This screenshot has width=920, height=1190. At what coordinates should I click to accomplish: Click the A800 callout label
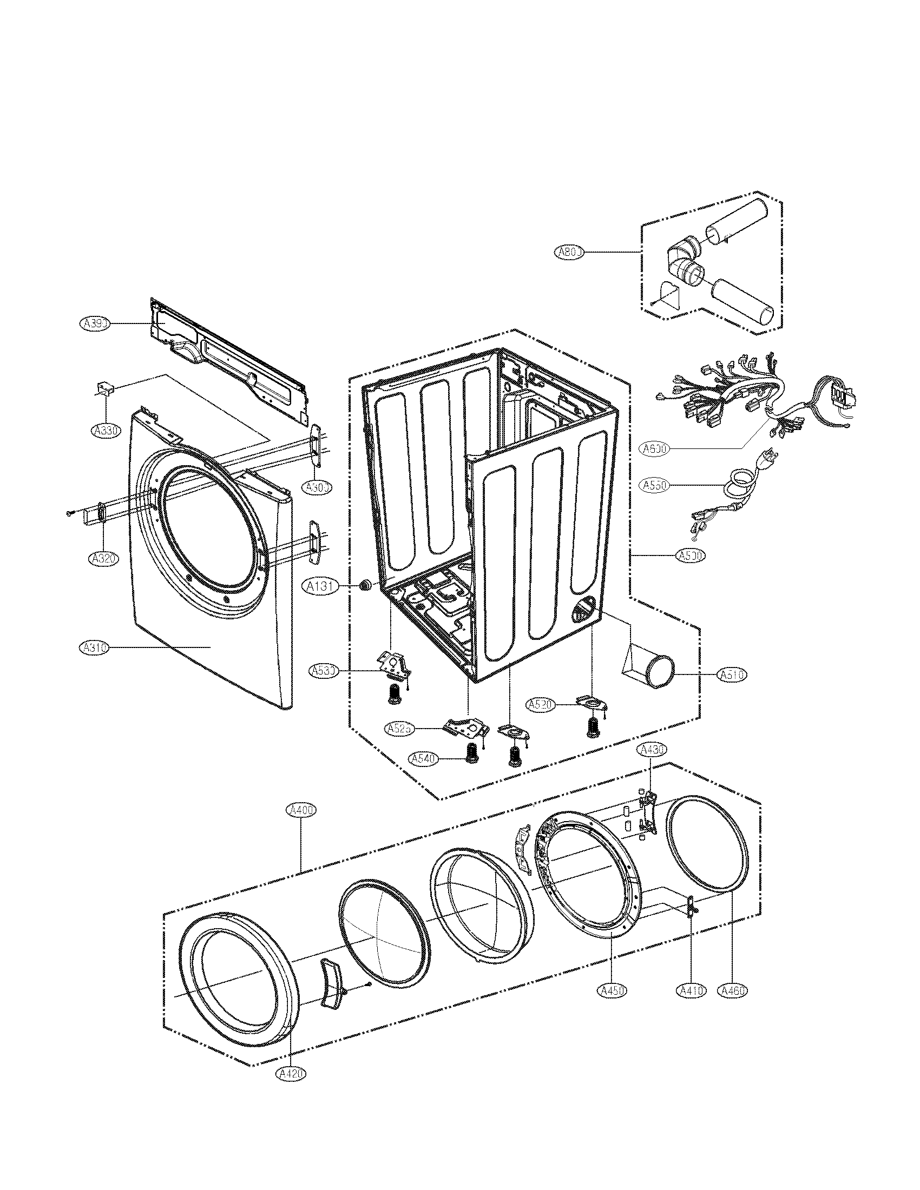click(x=569, y=252)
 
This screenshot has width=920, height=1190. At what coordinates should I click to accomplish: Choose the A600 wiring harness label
click(x=655, y=449)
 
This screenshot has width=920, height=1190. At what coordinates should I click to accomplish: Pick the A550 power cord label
click(x=655, y=485)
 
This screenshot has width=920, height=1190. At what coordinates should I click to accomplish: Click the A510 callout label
click(x=732, y=675)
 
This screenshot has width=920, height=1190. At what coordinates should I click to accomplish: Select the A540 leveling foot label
click(x=424, y=759)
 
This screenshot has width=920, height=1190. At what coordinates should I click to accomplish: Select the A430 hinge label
click(x=653, y=750)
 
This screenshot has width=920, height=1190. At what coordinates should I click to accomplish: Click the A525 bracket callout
click(x=400, y=729)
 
